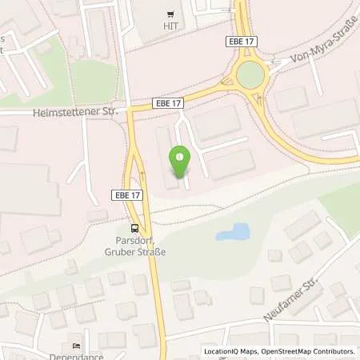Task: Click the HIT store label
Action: [x=170, y=26]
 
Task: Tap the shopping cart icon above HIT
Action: [x=170, y=14]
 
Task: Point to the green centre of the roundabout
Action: [x=250, y=76]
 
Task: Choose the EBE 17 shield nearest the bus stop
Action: [x=124, y=194]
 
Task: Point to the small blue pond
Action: [x=233, y=233]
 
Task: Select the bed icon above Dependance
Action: [x=76, y=346]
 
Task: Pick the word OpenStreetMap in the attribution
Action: [x=283, y=350]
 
